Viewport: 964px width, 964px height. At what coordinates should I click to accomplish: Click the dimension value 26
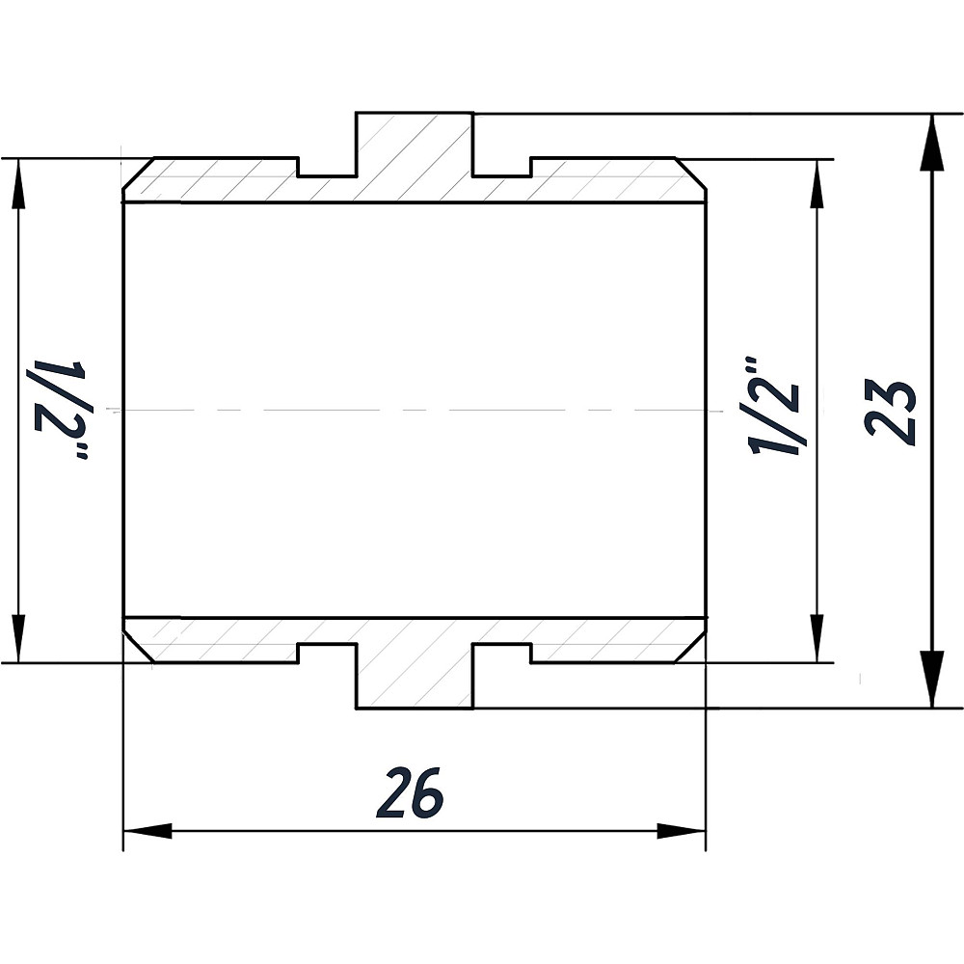pos(411,792)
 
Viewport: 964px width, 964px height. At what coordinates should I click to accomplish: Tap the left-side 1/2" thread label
pos(61,410)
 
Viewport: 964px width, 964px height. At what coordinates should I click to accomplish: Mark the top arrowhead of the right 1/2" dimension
pos(817,183)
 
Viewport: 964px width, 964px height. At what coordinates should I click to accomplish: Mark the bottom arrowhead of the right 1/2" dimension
pos(817,639)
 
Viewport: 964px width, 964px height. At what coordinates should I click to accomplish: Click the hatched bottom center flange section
pos(415,665)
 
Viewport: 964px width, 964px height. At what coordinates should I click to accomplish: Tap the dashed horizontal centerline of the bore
pos(415,411)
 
